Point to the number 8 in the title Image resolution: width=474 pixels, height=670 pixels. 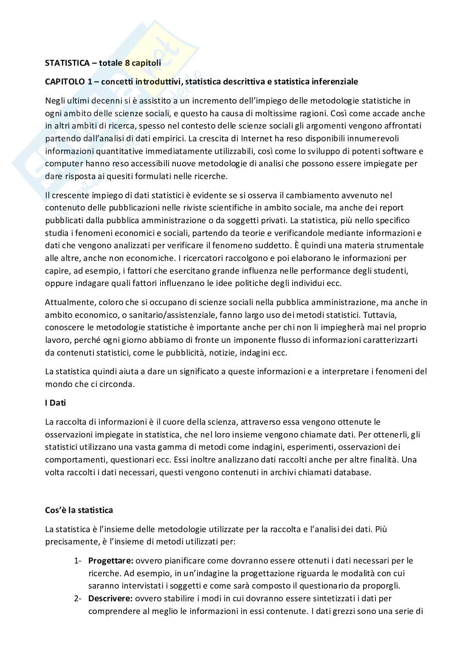point(127,63)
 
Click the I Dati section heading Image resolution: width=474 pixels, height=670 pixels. point(56,403)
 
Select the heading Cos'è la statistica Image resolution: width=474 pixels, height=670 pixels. point(79,510)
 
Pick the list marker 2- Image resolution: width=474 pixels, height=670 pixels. point(78,599)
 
